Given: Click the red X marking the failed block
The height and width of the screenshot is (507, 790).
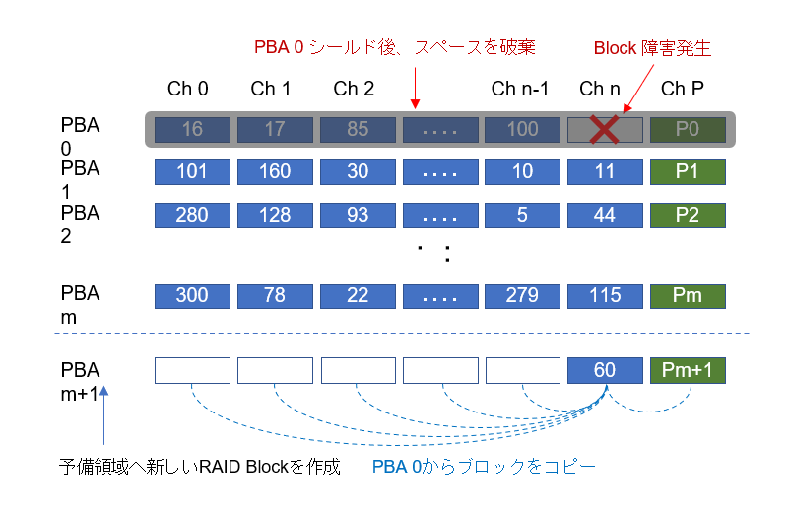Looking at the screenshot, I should (x=605, y=130).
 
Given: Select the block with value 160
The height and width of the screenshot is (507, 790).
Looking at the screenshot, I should (x=275, y=172).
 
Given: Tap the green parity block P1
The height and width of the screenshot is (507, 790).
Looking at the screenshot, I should (x=688, y=172).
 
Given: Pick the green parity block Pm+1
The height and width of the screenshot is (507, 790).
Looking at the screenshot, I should (x=688, y=370).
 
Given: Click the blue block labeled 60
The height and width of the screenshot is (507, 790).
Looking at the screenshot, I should (x=605, y=370).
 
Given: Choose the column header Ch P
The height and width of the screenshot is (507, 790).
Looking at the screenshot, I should (x=682, y=89).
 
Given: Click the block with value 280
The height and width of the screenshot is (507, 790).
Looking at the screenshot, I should (x=192, y=215).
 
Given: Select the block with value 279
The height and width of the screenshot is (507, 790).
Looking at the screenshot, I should (x=522, y=296).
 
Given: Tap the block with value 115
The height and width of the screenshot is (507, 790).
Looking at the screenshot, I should (x=605, y=296).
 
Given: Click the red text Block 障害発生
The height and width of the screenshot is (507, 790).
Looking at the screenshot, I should (x=651, y=47).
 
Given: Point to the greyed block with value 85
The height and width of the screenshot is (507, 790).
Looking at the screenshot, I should (x=358, y=130).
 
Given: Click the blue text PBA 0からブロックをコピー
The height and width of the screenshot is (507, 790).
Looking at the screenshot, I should (x=484, y=466).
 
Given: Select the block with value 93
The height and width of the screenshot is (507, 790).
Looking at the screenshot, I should (x=358, y=215).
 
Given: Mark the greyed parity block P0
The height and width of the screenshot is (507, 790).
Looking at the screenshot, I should (x=688, y=130).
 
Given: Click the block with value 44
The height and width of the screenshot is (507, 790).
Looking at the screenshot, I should (x=605, y=215).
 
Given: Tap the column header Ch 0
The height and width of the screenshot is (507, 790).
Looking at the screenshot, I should (x=187, y=89).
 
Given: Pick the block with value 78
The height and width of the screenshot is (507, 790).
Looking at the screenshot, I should (x=275, y=296).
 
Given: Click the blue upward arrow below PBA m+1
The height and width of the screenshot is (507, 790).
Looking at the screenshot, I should (x=104, y=413).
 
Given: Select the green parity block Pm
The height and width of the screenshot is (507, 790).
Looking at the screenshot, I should (x=688, y=296).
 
